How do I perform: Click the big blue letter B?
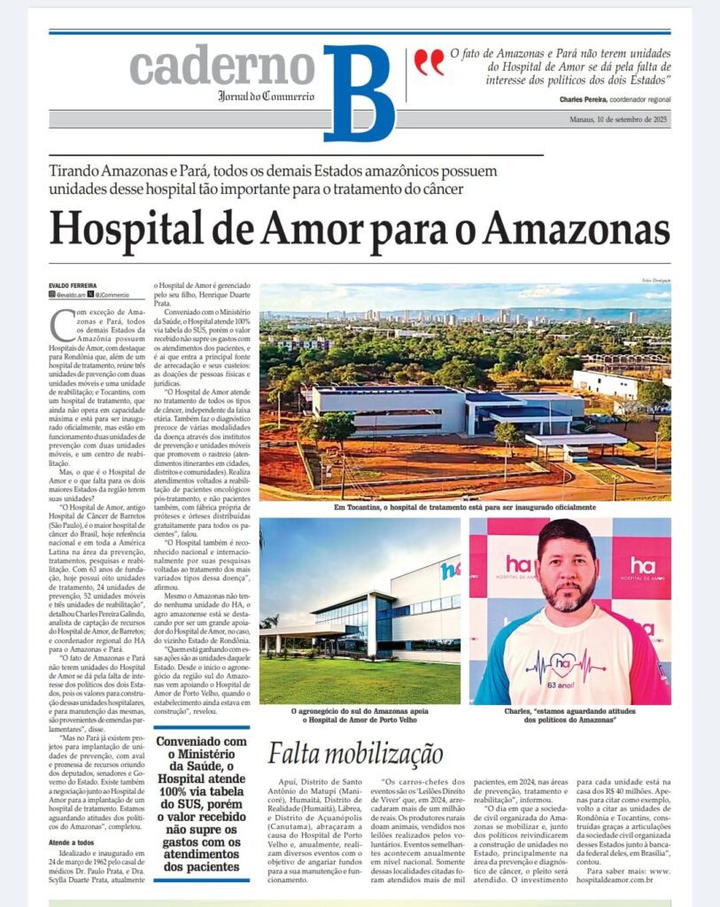(358, 92)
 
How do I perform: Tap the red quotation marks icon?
(429, 61)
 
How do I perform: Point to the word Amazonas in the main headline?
(576, 229)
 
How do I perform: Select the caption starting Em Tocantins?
(464, 508)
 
